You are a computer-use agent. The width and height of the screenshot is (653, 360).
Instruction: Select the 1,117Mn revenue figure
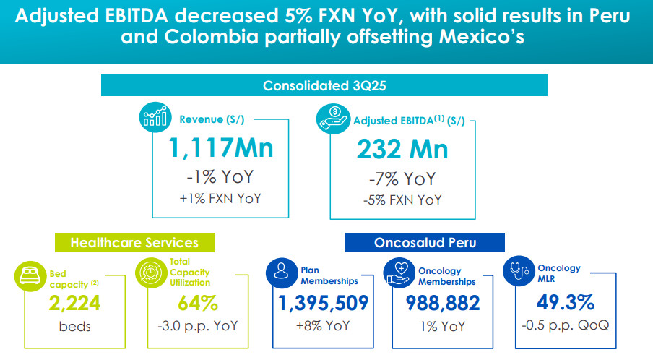(x=221, y=148)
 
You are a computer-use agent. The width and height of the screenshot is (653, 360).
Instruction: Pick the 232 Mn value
(x=402, y=148)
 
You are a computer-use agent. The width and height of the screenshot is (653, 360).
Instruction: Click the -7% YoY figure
(x=402, y=178)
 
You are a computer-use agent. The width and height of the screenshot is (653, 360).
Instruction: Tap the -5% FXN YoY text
(x=402, y=200)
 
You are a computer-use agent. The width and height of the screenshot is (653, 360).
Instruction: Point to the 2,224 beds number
(x=75, y=302)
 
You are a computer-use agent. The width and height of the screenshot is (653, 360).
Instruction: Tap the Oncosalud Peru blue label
(x=424, y=243)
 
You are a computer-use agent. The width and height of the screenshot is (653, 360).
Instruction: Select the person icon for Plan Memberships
(x=282, y=273)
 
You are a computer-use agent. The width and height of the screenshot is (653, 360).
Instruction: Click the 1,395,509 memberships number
(x=323, y=303)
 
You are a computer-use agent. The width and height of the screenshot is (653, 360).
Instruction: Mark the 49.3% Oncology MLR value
(x=565, y=301)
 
